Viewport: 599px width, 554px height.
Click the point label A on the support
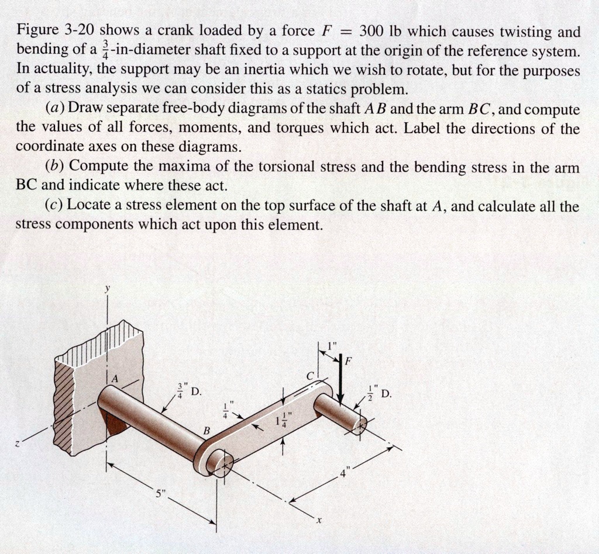pyautogui.click(x=115, y=379)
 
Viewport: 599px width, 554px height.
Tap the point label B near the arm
pyautogui.click(x=205, y=431)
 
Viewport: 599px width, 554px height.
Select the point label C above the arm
pyautogui.click(x=311, y=375)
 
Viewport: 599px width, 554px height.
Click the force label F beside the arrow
pyautogui.click(x=349, y=361)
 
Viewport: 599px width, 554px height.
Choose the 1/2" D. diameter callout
pyautogui.click(x=378, y=393)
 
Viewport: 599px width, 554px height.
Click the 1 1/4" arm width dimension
pyautogui.click(x=281, y=423)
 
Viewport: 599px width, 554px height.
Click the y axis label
pyautogui.click(x=107, y=289)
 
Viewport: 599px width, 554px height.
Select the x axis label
pyautogui.click(x=320, y=522)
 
